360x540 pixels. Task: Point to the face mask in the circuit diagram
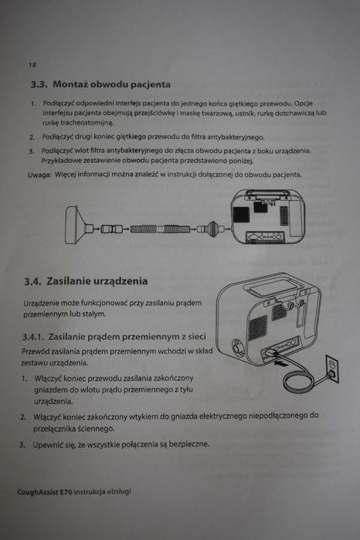pyautogui.click(x=76, y=226)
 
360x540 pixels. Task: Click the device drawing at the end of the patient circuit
pyautogui.click(x=267, y=216)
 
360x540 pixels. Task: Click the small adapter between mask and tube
pyautogui.click(x=116, y=229)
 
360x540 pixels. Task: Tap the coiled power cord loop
pyautogui.click(x=297, y=384)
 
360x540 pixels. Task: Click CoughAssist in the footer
pyautogui.click(x=42, y=491)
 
